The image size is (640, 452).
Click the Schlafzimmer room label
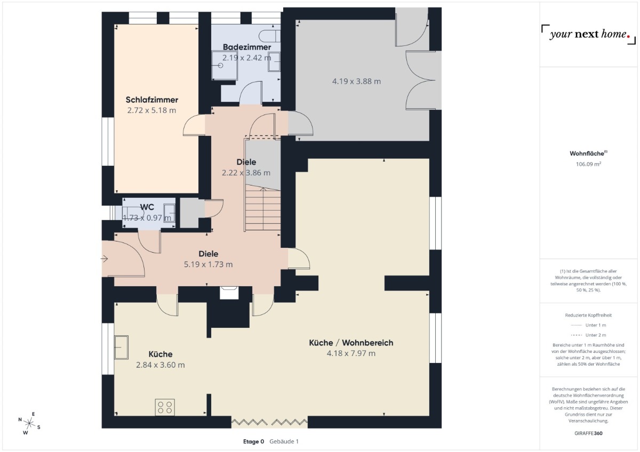151,100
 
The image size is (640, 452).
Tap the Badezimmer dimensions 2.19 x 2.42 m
246,58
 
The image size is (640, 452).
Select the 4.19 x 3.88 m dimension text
356,82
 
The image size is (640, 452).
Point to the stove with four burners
165,407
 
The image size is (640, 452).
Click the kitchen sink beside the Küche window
121,347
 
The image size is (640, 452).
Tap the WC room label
147,207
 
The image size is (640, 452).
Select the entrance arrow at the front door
104,259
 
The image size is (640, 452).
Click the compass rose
29,423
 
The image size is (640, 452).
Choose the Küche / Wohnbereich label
351,343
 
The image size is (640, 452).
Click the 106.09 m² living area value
588,164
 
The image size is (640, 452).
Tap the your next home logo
589,35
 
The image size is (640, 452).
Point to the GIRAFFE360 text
588,433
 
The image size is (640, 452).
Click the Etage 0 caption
253,441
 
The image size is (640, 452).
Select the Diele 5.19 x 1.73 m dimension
208,264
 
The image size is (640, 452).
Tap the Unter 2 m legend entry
588,335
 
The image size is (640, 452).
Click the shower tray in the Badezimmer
225,66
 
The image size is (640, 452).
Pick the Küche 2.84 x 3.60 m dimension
161,365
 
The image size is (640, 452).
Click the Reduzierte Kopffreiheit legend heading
588,315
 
